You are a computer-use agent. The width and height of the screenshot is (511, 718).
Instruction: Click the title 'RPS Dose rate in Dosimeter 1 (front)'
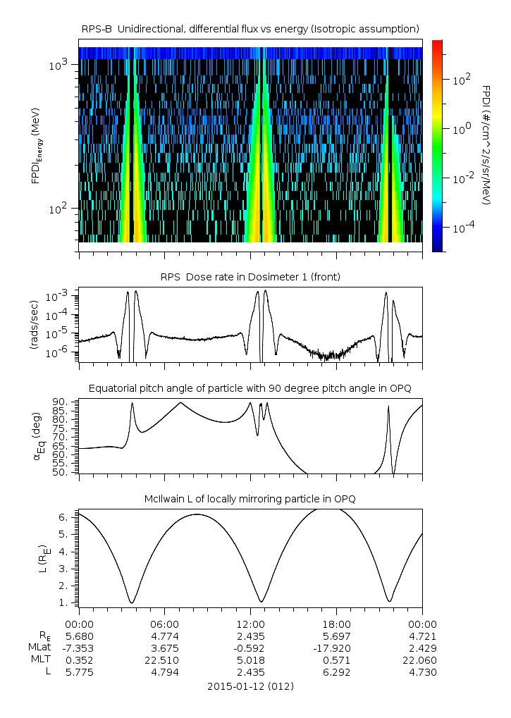[x=250, y=277]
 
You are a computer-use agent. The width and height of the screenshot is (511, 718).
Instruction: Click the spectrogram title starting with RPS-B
[x=250, y=28]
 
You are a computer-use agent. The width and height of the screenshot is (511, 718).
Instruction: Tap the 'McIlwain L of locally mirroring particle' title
[x=250, y=499]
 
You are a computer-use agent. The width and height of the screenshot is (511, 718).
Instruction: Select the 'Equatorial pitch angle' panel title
[x=250, y=388]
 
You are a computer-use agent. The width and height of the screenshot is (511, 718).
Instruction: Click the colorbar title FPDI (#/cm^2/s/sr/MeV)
[x=486, y=145]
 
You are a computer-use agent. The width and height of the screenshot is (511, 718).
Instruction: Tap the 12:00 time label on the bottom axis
[x=251, y=624]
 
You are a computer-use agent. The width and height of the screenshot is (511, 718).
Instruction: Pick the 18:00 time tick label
[x=337, y=624]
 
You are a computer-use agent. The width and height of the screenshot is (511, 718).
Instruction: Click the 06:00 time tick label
[x=165, y=624]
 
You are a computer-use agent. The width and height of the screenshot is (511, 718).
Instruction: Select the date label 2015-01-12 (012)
[x=250, y=686]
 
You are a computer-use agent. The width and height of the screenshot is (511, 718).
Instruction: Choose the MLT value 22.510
[x=165, y=660]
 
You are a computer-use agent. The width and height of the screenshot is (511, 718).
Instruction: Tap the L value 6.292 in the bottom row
[x=337, y=672]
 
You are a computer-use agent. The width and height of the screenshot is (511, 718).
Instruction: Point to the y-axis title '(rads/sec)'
[x=34, y=324]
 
